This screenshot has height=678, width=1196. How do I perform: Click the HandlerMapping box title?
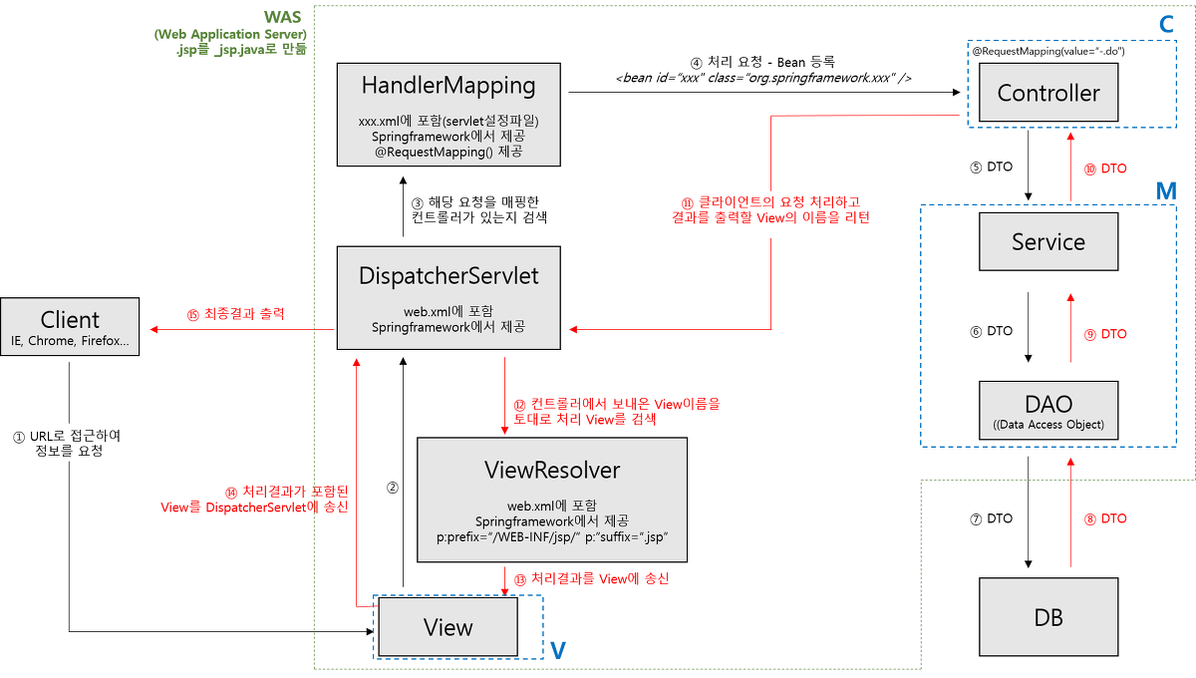coord(448,87)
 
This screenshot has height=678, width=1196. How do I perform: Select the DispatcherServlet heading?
coord(448,276)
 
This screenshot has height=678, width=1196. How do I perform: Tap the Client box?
coord(70,328)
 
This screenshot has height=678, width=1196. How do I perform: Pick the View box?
coord(448,627)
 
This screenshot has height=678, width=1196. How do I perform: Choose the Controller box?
coord(1048,94)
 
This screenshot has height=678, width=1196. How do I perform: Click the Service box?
coord(1048,242)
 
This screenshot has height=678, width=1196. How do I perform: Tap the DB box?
coord(1048,617)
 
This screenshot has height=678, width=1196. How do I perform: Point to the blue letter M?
coord(1165,190)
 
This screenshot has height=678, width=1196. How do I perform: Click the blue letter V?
coord(558,650)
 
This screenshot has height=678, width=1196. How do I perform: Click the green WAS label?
coord(286,17)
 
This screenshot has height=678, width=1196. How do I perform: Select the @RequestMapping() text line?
coord(448,153)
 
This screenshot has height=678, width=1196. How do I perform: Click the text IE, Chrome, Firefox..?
coord(70,342)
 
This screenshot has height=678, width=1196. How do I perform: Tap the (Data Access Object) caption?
coord(1048,425)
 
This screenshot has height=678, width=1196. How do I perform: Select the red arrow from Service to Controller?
coord(1071,168)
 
